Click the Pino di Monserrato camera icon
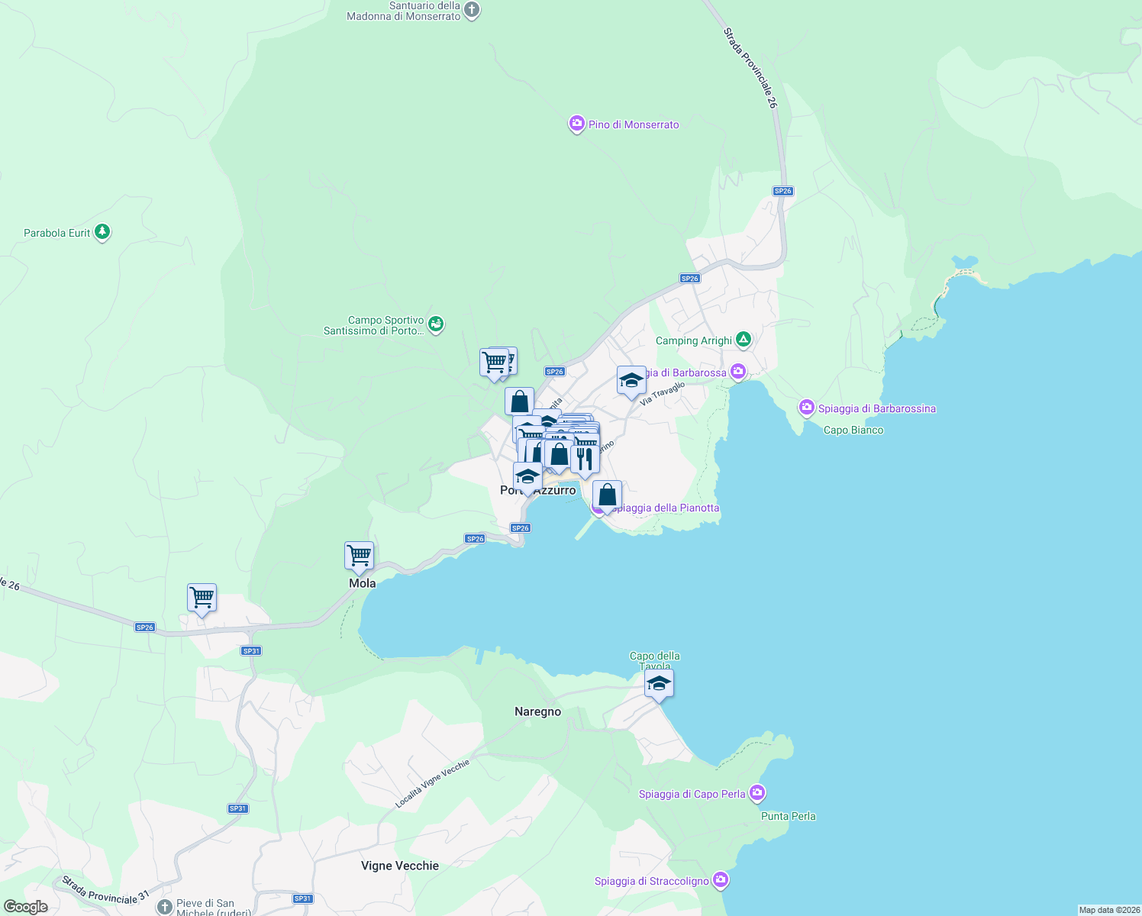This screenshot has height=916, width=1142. pyautogui.click(x=577, y=124)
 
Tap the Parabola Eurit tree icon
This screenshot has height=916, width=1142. pyautogui.click(x=102, y=232)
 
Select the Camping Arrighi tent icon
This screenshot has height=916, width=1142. pyautogui.click(x=743, y=340)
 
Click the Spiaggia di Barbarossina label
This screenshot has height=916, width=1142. pyautogui.click(x=876, y=408)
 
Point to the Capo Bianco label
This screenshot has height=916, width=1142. pyautogui.click(x=853, y=430)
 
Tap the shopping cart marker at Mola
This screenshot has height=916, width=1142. pyautogui.click(x=359, y=556)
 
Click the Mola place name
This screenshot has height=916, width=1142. pyautogui.click(x=363, y=583)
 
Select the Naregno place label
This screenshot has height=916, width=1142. pyautogui.click(x=537, y=711)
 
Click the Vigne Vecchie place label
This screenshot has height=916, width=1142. pyautogui.click(x=400, y=866)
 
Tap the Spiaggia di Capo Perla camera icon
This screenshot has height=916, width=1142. pyautogui.click(x=756, y=793)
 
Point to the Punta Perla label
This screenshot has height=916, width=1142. pyautogui.click(x=789, y=816)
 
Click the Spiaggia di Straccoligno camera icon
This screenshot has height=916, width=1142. pyautogui.click(x=720, y=880)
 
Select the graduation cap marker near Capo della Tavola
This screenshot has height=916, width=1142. pyautogui.click(x=658, y=684)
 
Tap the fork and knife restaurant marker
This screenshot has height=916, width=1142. pyautogui.click(x=584, y=460)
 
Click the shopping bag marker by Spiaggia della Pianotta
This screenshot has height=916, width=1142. pyautogui.click(x=607, y=495)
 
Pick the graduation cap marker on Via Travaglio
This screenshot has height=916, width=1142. pyautogui.click(x=631, y=380)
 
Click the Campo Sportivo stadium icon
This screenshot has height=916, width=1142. pyautogui.click(x=436, y=324)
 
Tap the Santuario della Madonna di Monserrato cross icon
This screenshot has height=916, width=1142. pyautogui.click(x=472, y=10)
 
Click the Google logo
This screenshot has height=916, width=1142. pyautogui.click(x=26, y=907)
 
